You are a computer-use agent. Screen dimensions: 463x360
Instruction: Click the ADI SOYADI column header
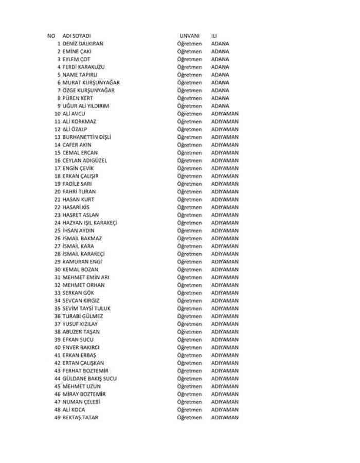pyautogui.click(x=77, y=36)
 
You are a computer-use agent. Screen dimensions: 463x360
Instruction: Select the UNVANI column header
pyautogui.click(x=189, y=36)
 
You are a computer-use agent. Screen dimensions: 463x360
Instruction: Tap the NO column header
pyautogui.click(x=51, y=36)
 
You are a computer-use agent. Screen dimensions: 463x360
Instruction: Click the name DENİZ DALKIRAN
pyautogui.click(x=83, y=44)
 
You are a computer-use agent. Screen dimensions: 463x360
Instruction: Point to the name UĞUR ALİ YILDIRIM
pyautogui.click(x=86, y=106)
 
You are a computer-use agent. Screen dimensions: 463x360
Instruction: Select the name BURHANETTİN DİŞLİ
pyautogui.click(x=87, y=137)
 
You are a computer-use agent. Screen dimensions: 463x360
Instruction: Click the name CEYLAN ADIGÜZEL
pyautogui.click(x=85, y=161)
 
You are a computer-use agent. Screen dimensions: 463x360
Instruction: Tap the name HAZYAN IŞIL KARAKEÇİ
pyautogui.click(x=90, y=223)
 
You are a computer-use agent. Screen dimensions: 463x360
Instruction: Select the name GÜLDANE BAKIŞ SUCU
pyautogui.click(x=89, y=379)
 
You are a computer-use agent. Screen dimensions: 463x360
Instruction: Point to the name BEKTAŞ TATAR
pyautogui.click(x=80, y=418)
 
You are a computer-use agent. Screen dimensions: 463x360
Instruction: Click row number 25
pyautogui.click(x=58, y=230)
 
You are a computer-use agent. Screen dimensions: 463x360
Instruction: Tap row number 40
pyautogui.click(x=58, y=348)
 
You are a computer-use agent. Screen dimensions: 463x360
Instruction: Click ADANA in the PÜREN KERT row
pyautogui.click(x=220, y=98)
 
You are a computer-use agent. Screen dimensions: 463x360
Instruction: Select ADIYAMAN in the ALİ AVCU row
pyautogui.click(x=225, y=114)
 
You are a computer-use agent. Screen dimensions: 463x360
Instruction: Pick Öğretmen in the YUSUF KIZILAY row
pyautogui.click(x=189, y=324)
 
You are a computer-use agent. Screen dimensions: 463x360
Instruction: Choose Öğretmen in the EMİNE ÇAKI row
pyautogui.click(x=189, y=51)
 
